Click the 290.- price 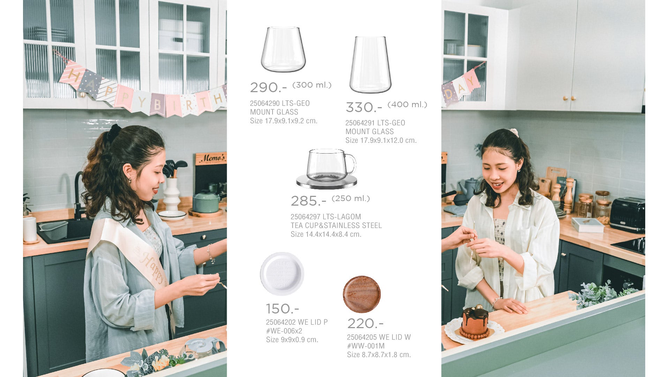pos(268,87)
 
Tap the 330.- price pos(364,107)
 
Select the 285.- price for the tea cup pos(308,201)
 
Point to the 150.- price pos(282,309)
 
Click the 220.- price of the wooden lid pos(365,324)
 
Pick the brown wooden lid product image pos(362,294)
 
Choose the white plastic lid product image pos(282,274)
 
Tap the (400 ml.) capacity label pos(407,104)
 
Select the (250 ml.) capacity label pos(351,198)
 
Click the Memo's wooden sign pos(211,158)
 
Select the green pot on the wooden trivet pos(207,202)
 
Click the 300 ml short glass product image pos(283,50)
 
